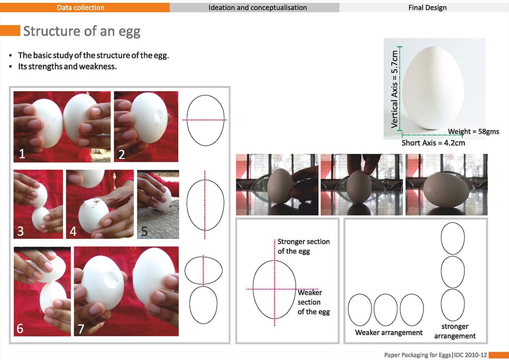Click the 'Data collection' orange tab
(x=84, y=8)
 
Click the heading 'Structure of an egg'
(x=82, y=32)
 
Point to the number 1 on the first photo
(x=22, y=154)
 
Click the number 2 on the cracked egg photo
(x=122, y=154)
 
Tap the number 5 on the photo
(x=145, y=231)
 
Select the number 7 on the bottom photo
(x=81, y=329)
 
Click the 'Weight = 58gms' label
(x=473, y=131)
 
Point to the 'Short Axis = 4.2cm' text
(x=433, y=143)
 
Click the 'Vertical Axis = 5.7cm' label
(x=394, y=89)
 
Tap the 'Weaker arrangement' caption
(x=388, y=333)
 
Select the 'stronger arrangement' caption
(x=455, y=331)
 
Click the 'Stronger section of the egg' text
(x=303, y=246)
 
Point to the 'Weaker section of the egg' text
(x=314, y=302)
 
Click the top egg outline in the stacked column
(x=453, y=223)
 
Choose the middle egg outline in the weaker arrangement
(x=385, y=294)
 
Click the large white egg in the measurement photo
(x=433, y=88)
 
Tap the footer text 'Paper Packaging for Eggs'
(x=417, y=355)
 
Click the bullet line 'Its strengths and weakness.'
(x=67, y=67)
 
